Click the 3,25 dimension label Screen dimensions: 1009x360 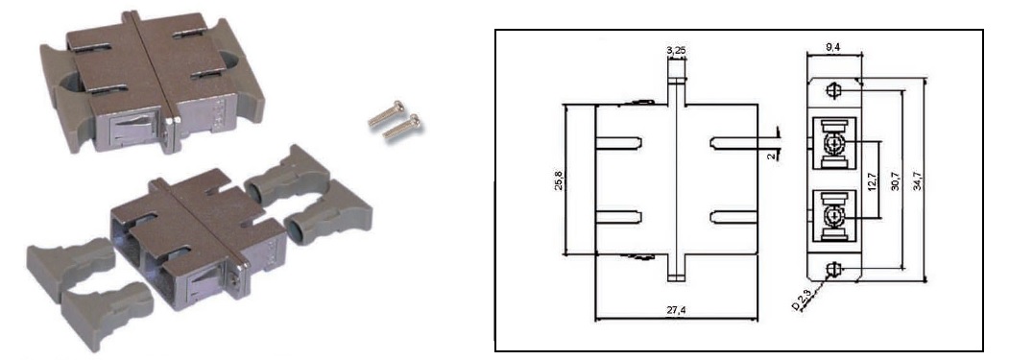(x=676, y=50)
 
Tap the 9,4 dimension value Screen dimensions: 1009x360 (x=831, y=46)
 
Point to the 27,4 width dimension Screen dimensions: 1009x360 (x=676, y=310)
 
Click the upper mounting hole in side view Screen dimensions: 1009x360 (x=833, y=91)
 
